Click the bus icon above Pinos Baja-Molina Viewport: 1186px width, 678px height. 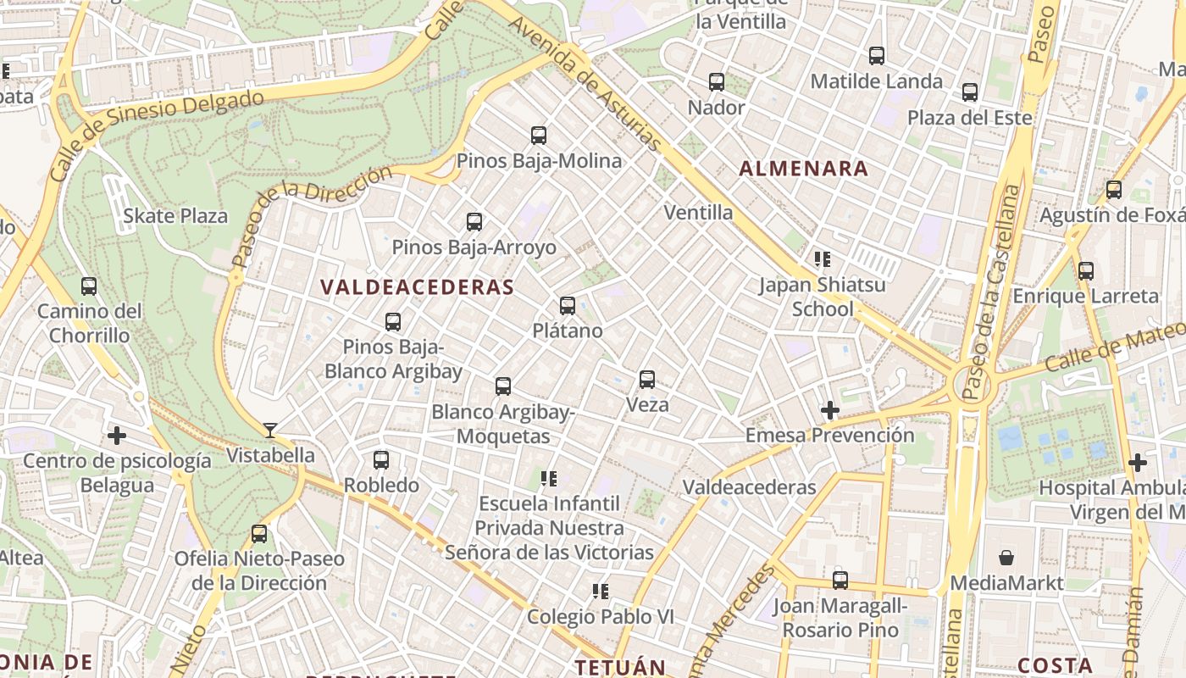click(x=539, y=135)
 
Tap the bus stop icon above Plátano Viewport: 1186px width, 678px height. click(x=568, y=306)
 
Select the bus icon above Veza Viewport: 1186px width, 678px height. click(x=647, y=379)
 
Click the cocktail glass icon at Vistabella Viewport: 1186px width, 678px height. click(x=270, y=431)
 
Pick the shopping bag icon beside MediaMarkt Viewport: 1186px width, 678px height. click(x=1006, y=558)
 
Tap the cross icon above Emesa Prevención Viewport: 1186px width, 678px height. click(x=829, y=411)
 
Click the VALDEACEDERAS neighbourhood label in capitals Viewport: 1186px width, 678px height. click(x=418, y=287)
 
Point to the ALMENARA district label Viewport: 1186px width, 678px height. click(x=803, y=168)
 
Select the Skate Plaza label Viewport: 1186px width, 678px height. click(x=175, y=216)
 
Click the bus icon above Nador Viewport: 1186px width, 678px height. click(x=717, y=82)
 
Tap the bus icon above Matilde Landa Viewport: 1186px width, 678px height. click(x=877, y=56)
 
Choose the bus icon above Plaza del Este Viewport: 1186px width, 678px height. click(x=970, y=92)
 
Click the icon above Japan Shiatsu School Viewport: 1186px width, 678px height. click(x=822, y=258)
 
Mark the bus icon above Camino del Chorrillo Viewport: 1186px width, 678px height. click(x=89, y=286)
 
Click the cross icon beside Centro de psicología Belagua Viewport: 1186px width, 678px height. click(x=117, y=436)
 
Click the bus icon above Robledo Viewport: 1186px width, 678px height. click(x=381, y=460)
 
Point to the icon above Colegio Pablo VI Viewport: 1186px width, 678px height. click(x=601, y=591)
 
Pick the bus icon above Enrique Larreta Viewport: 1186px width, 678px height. click(x=1086, y=271)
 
